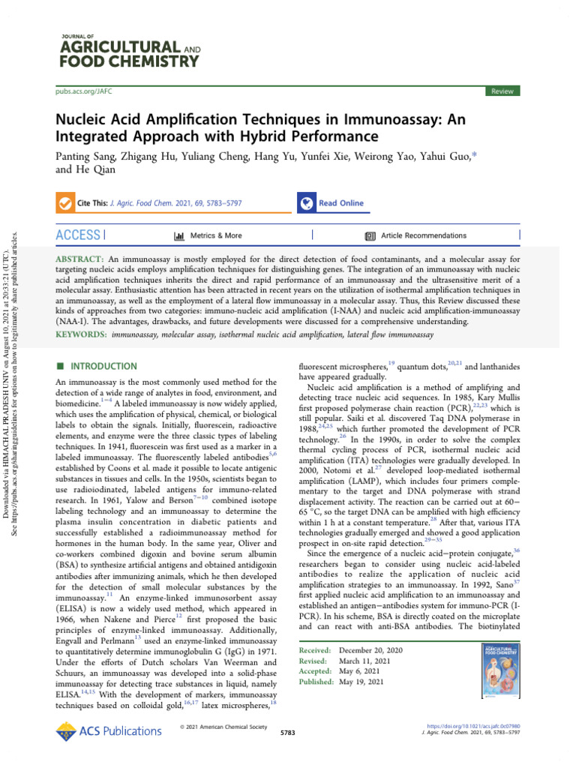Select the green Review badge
(x=502, y=91)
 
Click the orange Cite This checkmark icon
(x=66, y=203)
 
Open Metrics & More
(x=208, y=235)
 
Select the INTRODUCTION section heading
(x=103, y=366)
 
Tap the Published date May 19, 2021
(x=363, y=682)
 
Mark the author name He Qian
(x=79, y=171)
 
